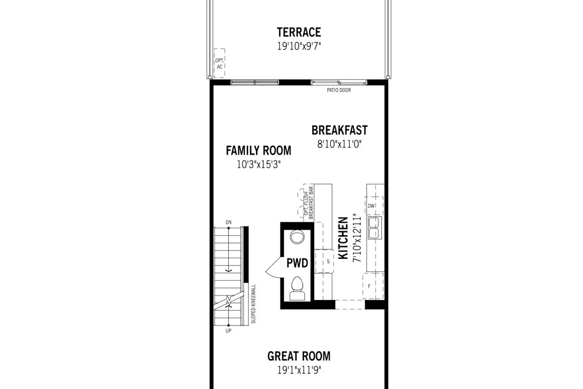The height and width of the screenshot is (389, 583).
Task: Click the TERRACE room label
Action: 299,32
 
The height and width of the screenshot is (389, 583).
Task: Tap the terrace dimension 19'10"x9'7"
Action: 299,46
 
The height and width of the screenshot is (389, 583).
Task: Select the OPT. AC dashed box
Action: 220,63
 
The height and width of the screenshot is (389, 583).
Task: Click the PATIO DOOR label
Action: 339,90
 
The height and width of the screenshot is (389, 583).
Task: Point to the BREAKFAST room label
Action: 340,130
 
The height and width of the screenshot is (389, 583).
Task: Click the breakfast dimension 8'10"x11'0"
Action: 339,144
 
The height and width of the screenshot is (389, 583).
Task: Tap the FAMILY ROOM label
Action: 258,151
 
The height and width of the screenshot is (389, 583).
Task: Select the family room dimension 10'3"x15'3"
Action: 258,165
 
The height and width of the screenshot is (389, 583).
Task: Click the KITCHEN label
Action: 343,238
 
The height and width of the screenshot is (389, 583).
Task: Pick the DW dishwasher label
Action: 371,206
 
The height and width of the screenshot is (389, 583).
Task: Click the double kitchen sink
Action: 375,228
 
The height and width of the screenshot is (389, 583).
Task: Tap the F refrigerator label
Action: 369,286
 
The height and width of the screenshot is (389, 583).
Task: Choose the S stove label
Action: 328,261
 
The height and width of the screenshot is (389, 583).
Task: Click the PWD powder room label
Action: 297,263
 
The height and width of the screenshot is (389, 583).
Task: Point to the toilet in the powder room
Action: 297,288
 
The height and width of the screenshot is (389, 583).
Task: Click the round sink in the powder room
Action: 297,237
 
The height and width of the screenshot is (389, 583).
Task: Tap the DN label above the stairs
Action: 229,222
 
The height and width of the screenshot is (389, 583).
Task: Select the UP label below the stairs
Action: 229,331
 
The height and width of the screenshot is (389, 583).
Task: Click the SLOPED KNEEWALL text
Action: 253,304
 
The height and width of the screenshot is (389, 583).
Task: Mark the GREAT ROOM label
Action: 299,356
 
